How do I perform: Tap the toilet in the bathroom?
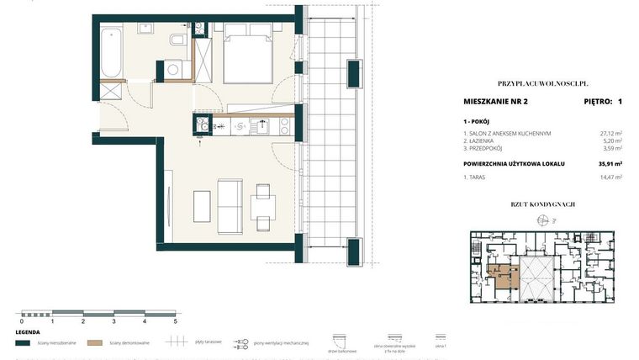(x=176, y=41)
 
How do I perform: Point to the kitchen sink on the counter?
(x=262, y=127)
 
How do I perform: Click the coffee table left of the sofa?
(x=202, y=205)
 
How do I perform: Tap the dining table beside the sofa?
(x=261, y=204)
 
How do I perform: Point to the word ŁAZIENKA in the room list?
(x=483, y=141)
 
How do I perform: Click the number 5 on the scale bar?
(x=175, y=321)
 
